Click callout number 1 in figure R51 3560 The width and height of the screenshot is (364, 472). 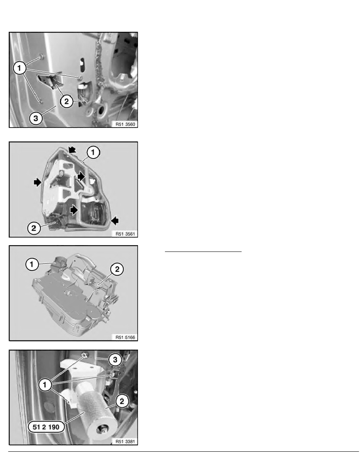click(x=19, y=68)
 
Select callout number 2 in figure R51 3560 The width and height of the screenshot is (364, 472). click(x=66, y=101)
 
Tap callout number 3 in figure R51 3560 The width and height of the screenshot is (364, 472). click(x=36, y=118)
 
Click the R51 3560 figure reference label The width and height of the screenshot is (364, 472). click(x=125, y=124)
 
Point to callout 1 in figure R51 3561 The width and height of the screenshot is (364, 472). click(x=93, y=152)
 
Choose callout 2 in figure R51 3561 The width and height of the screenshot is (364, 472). click(x=34, y=228)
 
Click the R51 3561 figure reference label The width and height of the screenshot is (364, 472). click(x=125, y=234)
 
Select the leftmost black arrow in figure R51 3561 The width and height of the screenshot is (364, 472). click(x=38, y=182)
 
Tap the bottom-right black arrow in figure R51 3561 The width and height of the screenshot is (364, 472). click(x=115, y=221)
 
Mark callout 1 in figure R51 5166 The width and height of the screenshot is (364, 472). click(x=32, y=265)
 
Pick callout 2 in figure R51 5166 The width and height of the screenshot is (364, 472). click(x=117, y=269)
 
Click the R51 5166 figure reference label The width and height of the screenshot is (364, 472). click(x=125, y=337)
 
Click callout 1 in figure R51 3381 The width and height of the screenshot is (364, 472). click(x=45, y=385)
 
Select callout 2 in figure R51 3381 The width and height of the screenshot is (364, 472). click(x=122, y=401)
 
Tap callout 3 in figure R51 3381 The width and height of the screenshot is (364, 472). click(x=115, y=360)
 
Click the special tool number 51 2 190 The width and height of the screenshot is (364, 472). click(x=46, y=427)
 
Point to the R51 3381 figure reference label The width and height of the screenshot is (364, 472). click(x=125, y=441)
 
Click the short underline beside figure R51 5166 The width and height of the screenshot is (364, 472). click(x=203, y=251)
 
